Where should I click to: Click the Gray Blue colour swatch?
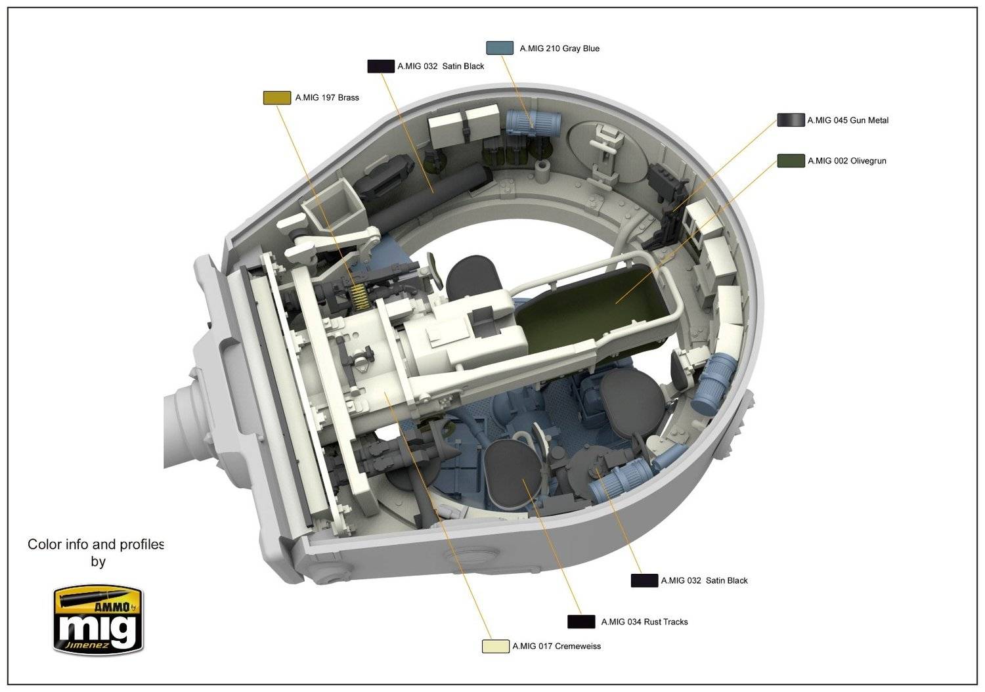click(x=500, y=48)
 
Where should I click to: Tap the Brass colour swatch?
click(x=276, y=98)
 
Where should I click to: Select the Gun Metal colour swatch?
click(x=791, y=120)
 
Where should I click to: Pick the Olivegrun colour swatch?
click(x=791, y=161)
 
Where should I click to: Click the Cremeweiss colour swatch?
click(x=496, y=646)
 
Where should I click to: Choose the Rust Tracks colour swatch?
click(x=581, y=622)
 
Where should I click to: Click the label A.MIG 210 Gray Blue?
click(x=559, y=49)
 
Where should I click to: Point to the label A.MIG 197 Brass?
click(x=327, y=98)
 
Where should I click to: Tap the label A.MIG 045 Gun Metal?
click(x=848, y=120)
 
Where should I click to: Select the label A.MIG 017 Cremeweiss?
click(x=556, y=646)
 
